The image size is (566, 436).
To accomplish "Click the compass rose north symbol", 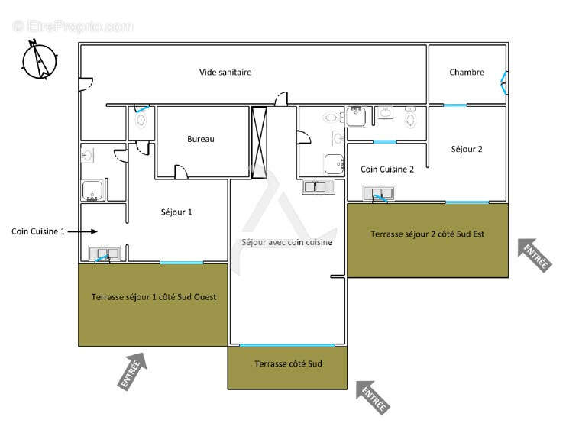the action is [40, 60].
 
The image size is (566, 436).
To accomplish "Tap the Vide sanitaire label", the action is [225, 73].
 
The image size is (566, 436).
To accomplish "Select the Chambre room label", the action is [467, 73].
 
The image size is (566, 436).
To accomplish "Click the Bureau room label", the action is [201, 139].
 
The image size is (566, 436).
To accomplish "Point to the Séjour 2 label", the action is [467, 149].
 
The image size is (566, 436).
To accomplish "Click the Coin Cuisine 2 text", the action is [387, 170].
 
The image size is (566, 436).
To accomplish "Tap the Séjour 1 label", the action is [176, 212].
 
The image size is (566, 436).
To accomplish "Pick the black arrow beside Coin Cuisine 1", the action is [82, 231].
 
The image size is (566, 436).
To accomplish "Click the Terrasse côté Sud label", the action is [288, 363].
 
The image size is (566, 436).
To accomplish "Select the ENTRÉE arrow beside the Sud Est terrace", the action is [535, 255].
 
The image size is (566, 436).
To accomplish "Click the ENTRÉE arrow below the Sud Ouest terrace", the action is [133, 371].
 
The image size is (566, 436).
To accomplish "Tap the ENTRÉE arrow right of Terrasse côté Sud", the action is [373, 397].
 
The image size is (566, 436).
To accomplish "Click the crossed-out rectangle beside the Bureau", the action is [259, 143].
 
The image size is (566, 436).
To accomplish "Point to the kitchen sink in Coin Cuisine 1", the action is [105, 254].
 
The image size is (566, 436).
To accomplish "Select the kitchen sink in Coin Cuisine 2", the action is [379, 193].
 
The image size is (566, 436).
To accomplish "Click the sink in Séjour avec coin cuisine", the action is [319, 187].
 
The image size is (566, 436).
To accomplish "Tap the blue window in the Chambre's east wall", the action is [504, 83].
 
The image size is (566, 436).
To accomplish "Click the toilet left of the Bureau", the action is [141, 121].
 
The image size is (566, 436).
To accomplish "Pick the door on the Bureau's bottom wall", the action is [181, 172].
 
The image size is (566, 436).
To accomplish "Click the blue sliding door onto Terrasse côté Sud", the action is [287, 346].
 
